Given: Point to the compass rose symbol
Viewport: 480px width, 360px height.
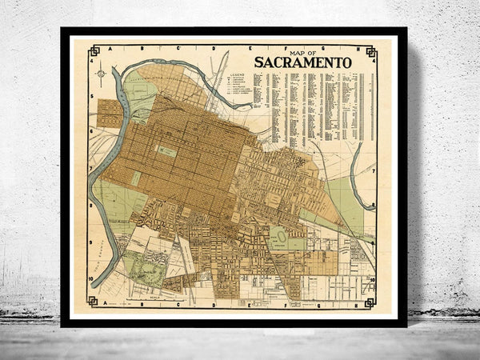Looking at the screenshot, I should click(x=102, y=74).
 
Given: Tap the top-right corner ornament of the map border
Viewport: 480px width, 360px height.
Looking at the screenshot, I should click(x=371, y=51).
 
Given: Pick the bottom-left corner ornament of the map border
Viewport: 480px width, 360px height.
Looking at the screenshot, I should click(x=94, y=302).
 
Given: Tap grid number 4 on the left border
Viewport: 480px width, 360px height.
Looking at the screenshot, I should click(x=92, y=62).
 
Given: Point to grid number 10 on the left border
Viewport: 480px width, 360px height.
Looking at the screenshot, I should click(x=92, y=278).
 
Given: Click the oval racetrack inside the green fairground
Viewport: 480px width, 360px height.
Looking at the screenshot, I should click(x=278, y=236).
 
